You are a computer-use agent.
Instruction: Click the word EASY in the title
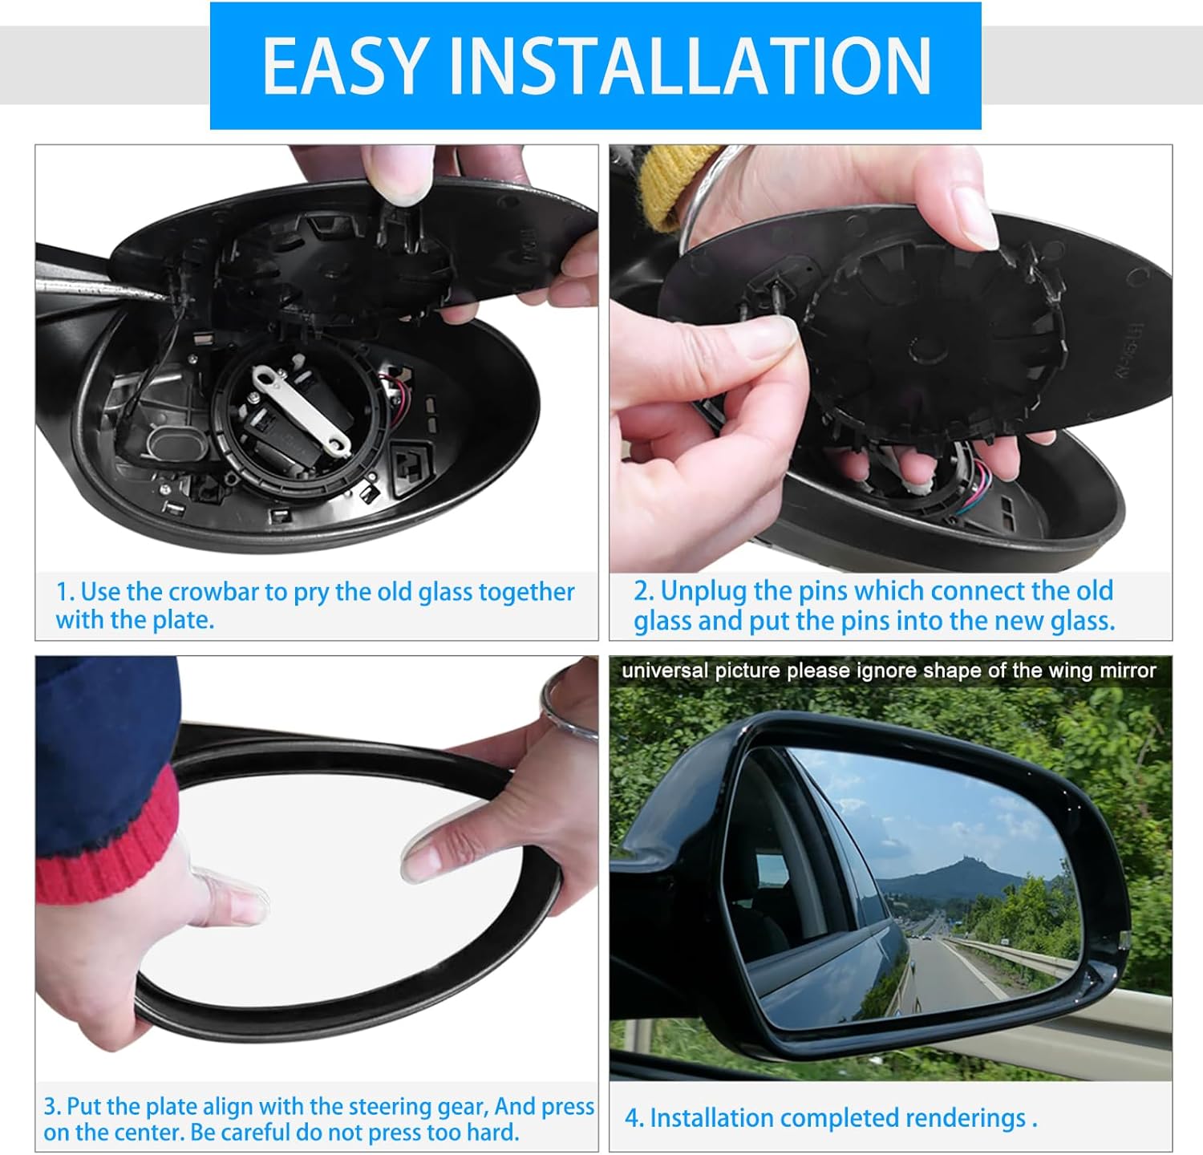[344, 67]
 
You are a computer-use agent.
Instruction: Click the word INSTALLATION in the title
[690, 67]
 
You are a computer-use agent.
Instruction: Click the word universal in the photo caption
[665, 671]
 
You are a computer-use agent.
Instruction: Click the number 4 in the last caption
[630, 1118]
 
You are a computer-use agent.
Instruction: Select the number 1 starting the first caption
[63, 592]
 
